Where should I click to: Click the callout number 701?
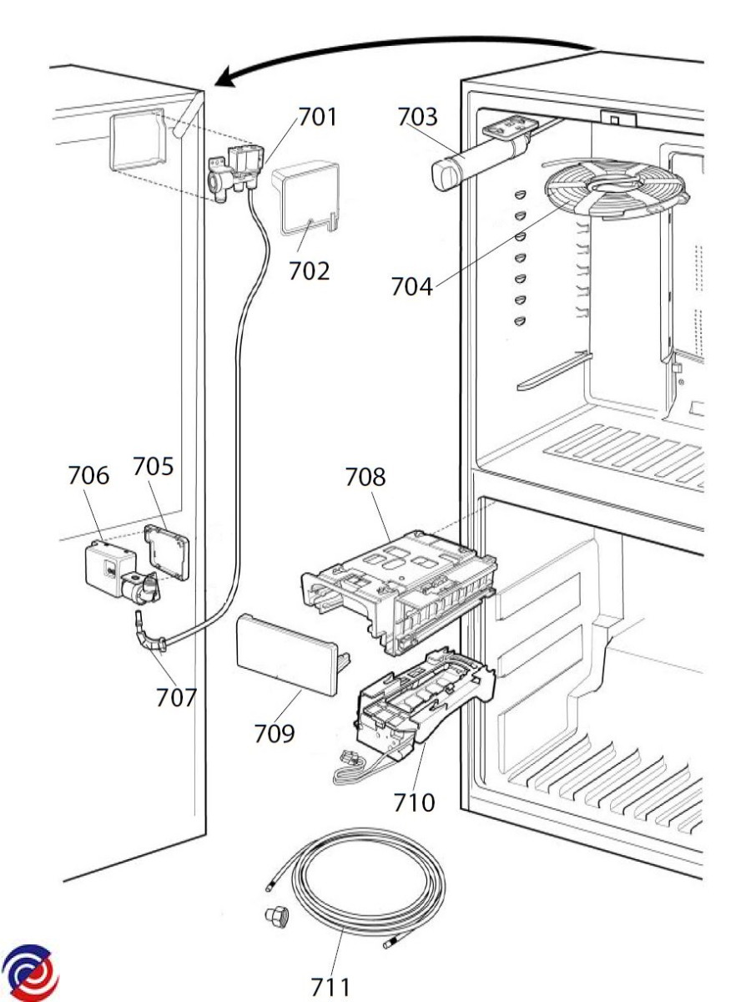(317, 117)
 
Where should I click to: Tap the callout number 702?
(309, 271)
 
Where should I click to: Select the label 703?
(417, 117)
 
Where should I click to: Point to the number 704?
(411, 286)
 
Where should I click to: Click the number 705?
(154, 466)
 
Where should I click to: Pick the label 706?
(88, 475)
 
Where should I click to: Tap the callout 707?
(176, 697)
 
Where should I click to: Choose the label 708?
(365, 477)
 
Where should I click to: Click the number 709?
(274, 734)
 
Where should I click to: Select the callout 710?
(414, 803)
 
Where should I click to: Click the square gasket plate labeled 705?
(166, 551)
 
